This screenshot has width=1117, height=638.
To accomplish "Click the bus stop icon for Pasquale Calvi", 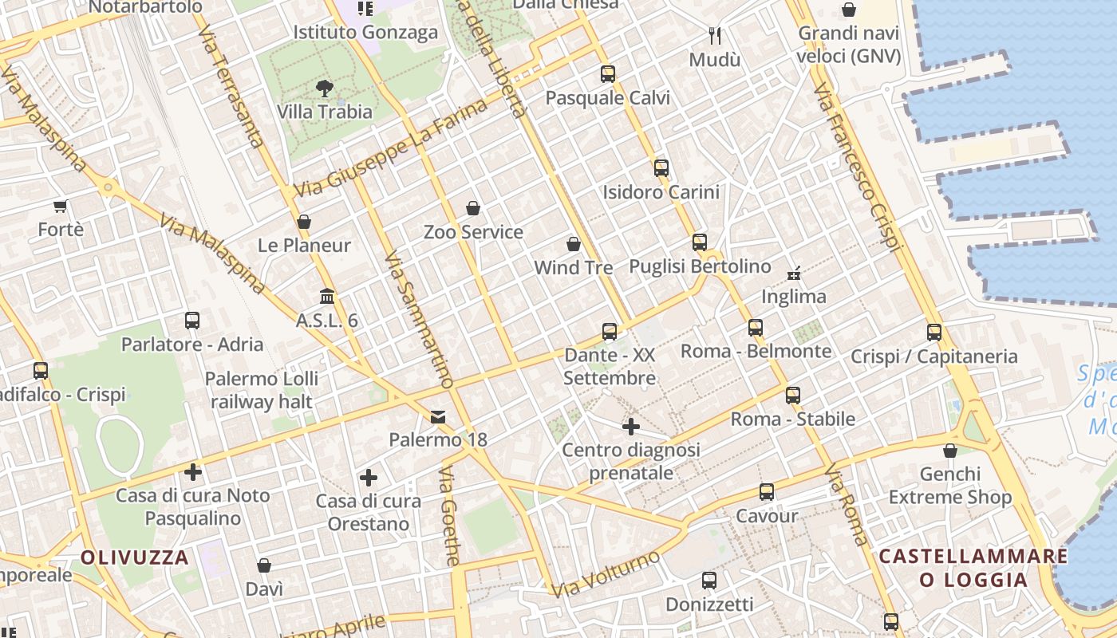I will point(608,74).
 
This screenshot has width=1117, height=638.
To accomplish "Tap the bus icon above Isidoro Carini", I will point(661,168).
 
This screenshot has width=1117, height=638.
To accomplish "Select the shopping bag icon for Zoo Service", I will point(473,208).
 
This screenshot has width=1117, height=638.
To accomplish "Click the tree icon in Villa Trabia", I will point(324,88).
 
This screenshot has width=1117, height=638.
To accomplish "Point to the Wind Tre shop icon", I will point(573,243).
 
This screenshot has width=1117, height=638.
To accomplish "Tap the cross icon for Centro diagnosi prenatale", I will point(630,427).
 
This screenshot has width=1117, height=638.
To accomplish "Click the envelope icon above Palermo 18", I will point(438,416).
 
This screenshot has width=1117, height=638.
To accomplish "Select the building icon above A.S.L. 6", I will point(327,297).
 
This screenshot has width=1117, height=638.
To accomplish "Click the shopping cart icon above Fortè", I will point(61,206).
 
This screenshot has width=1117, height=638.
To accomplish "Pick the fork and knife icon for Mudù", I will point(715,36).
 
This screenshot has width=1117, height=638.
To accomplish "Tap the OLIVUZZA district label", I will point(135,557).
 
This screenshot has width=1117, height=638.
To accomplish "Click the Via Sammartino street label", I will point(417,319).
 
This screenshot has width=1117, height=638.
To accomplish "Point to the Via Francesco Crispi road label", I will point(857,167).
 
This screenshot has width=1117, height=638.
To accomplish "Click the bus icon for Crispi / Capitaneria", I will point(934,333).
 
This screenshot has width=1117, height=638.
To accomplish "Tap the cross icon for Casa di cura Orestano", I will point(368,478).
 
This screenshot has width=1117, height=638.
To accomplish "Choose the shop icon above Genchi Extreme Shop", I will point(949,451).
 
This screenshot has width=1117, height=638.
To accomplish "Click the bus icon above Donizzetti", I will point(708,581).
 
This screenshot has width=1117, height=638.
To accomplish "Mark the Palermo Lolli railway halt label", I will point(261,390).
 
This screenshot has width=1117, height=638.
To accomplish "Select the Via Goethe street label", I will point(450,516).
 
